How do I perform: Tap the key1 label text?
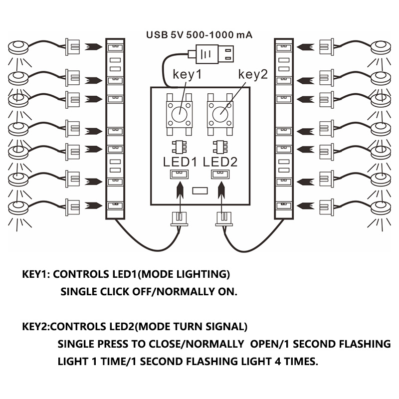pyautogui.click(x=187, y=75)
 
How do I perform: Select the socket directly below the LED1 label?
pyautogui.click(x=178, y=174)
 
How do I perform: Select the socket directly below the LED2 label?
pyautogui.click(x=218, y=174)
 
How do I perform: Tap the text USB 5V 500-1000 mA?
pyautogui.click(x=199, y=35)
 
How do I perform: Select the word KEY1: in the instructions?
pyautogui.click(x=36, y=275)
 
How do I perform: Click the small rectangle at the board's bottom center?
pyautogui.click(x=199, y=191)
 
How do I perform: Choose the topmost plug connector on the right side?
pyautogui.click(x=327, y=46)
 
